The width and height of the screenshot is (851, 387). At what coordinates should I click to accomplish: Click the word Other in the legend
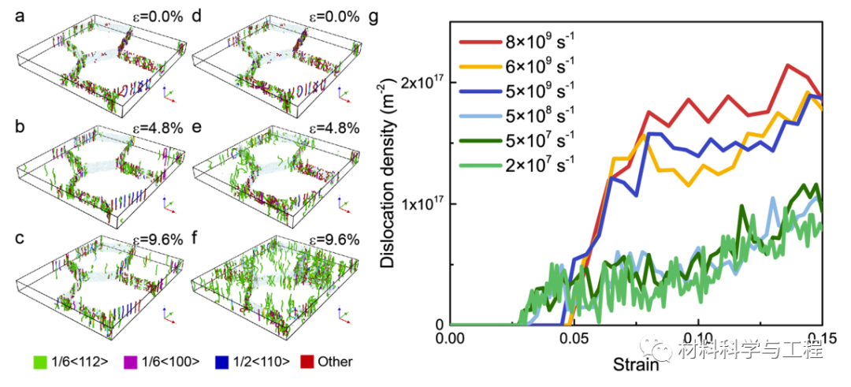click(x=336, y=363)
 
